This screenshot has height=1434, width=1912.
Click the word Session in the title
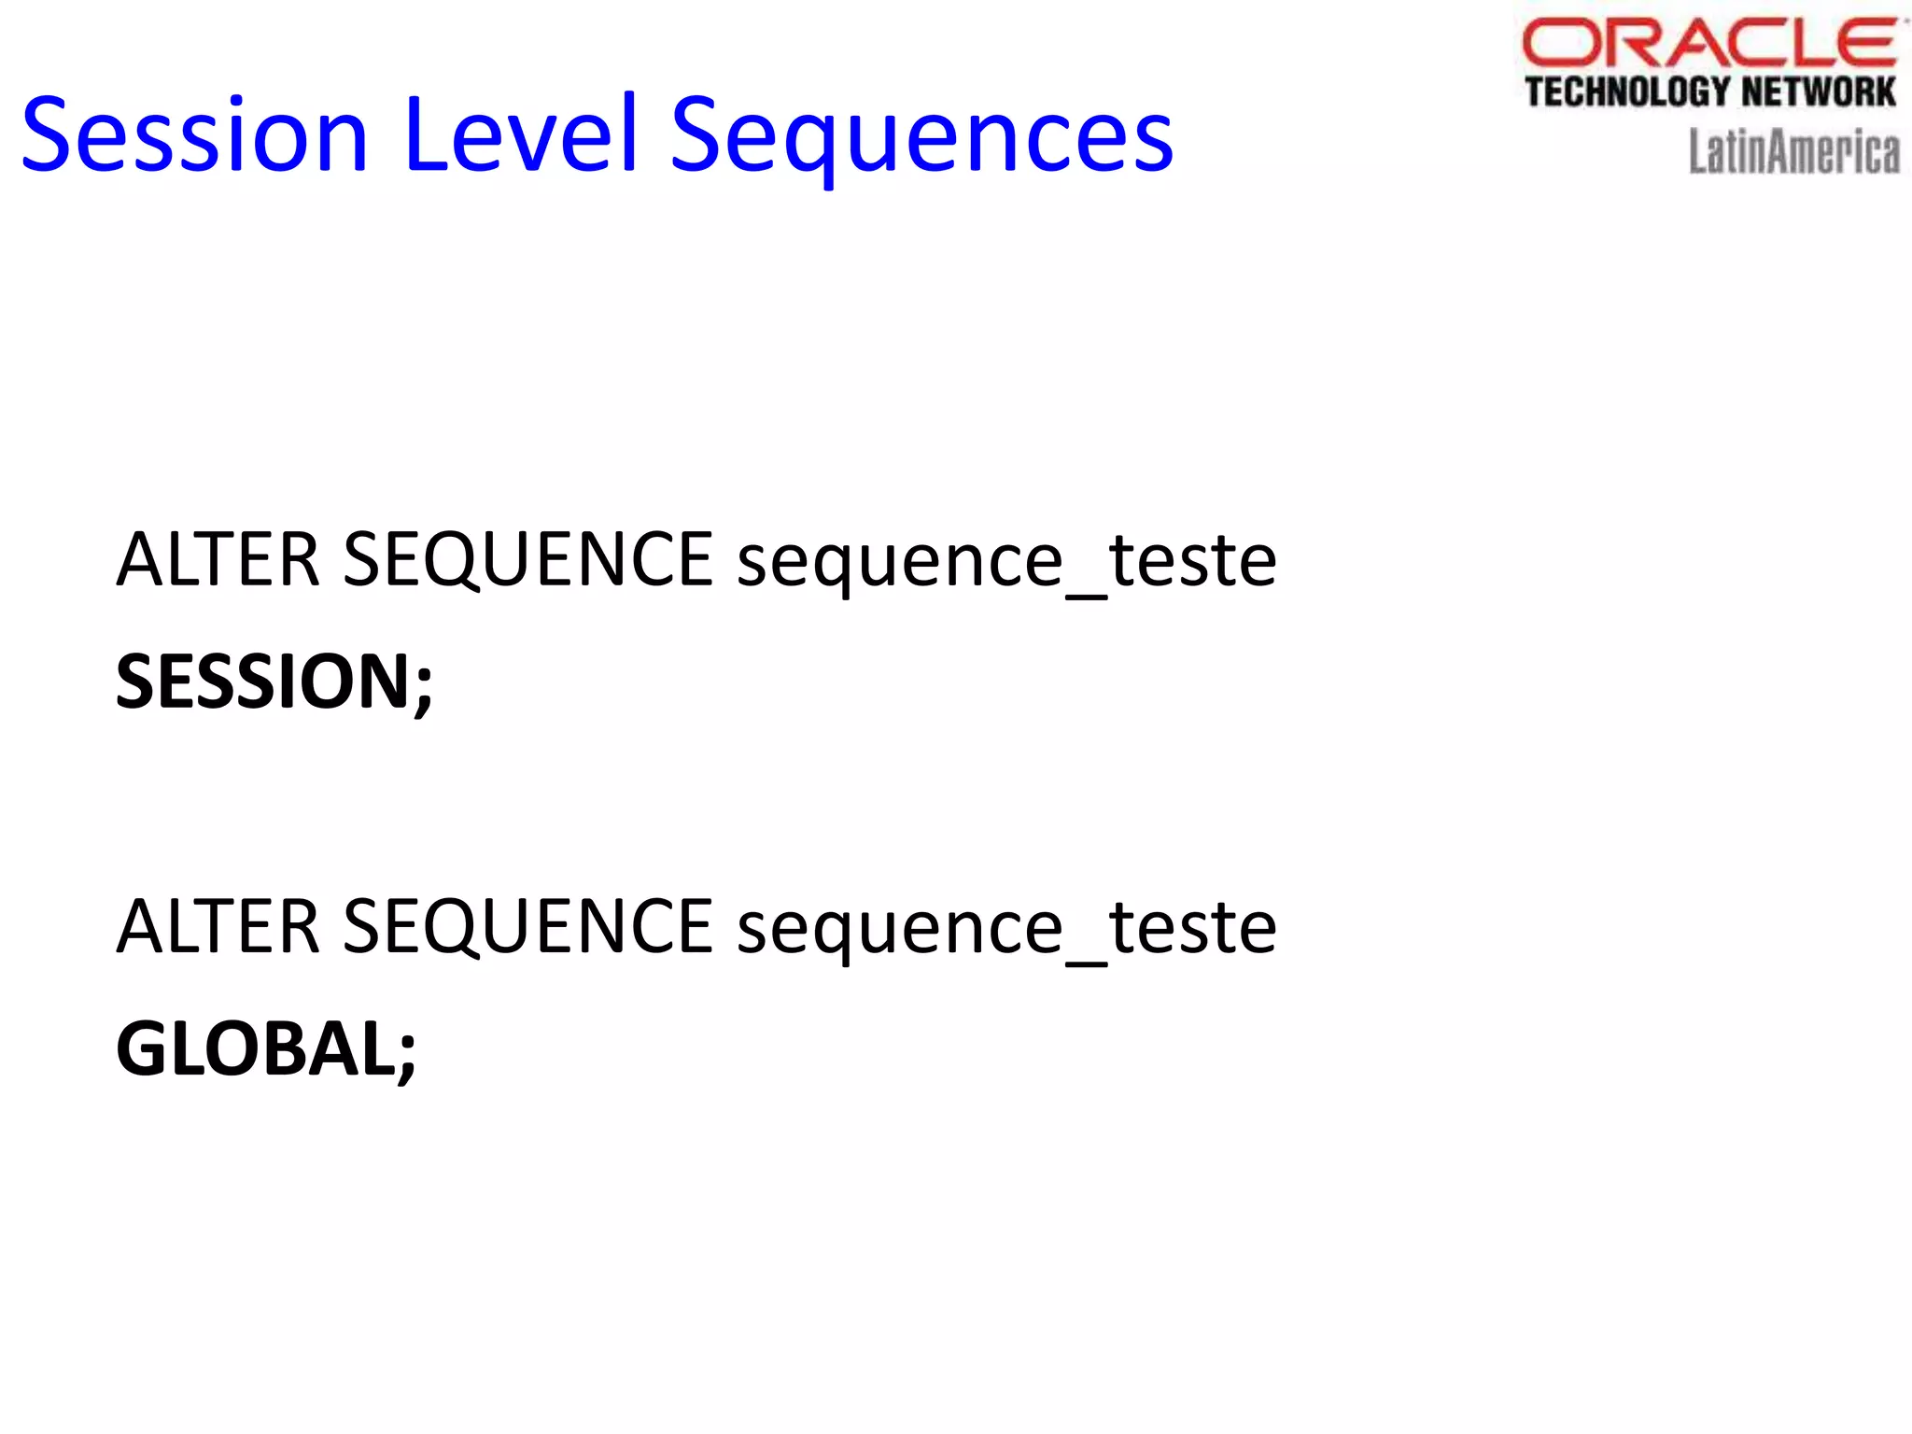coord(195,136)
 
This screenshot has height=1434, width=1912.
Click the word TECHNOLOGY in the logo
coord(1627,92)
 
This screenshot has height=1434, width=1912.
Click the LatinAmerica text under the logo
coord(1793,152)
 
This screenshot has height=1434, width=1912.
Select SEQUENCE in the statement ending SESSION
coord(528,560)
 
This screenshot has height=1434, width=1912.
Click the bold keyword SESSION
coord(261,682)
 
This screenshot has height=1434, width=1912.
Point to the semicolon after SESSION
coord(423,686)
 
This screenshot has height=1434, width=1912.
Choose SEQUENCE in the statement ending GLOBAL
coord(528,927)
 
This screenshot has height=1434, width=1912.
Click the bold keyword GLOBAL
coord(255,1049)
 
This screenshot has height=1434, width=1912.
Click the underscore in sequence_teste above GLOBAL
coord(1086,962)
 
